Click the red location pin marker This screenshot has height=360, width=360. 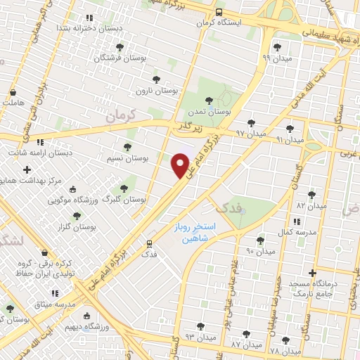(x=181, y=166)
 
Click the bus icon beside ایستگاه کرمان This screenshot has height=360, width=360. (x=219, y=12)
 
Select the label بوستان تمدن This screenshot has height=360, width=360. (x=210, y=112)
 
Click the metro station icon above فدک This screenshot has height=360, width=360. (x=148, y=243)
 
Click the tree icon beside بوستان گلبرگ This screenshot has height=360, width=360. (x=124, y=188)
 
